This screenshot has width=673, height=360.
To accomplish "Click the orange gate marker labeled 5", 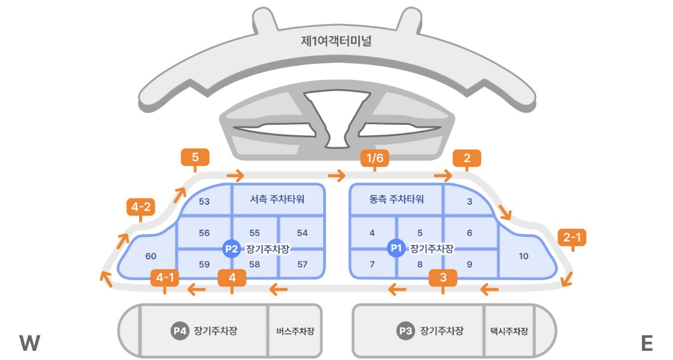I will click(195, 157).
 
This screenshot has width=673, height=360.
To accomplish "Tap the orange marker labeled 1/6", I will click(374, 158).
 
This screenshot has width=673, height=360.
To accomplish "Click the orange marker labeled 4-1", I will click(165, 278).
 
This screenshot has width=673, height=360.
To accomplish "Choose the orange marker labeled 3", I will click(443, 278).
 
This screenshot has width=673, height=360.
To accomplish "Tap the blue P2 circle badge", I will click(232, 248).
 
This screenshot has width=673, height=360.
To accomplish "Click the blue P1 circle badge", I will click(396, 248).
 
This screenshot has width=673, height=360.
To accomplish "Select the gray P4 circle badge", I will click(180, 331).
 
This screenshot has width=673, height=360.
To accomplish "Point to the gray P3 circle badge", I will click(406, 331).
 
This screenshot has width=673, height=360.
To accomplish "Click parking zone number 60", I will click(151, 256).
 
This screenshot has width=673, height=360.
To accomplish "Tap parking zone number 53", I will click(204, 201).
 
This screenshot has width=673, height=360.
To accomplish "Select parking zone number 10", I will click(523, 256).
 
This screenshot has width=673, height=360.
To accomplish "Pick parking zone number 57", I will click(303, 265).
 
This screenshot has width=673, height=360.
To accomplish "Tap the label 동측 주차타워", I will click(396, 200).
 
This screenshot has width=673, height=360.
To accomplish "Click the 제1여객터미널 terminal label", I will click(336, 42).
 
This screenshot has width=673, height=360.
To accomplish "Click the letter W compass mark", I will click(29, 343).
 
